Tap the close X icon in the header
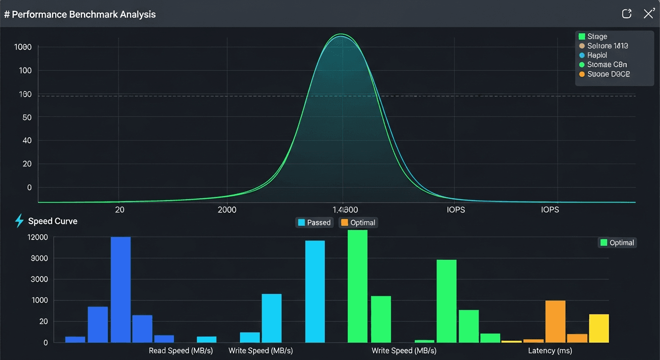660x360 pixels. (x=649, y=14)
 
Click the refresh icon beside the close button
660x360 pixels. (x=627, y=14)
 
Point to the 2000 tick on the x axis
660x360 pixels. (x=227, y=210)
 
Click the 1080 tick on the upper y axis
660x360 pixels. (x=23, y=47)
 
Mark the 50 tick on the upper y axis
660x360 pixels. (x=27, y=117)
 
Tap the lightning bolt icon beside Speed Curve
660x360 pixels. (x=19, y=221)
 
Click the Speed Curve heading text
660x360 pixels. (x=52, y=221)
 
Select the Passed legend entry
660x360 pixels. (x=314, y=223)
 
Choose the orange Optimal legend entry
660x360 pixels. (x=358, y=223)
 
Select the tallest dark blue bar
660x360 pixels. (x=120, y=289)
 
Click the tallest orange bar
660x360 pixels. (x=555, y=321)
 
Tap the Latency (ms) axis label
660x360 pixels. (x=550, y=351)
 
